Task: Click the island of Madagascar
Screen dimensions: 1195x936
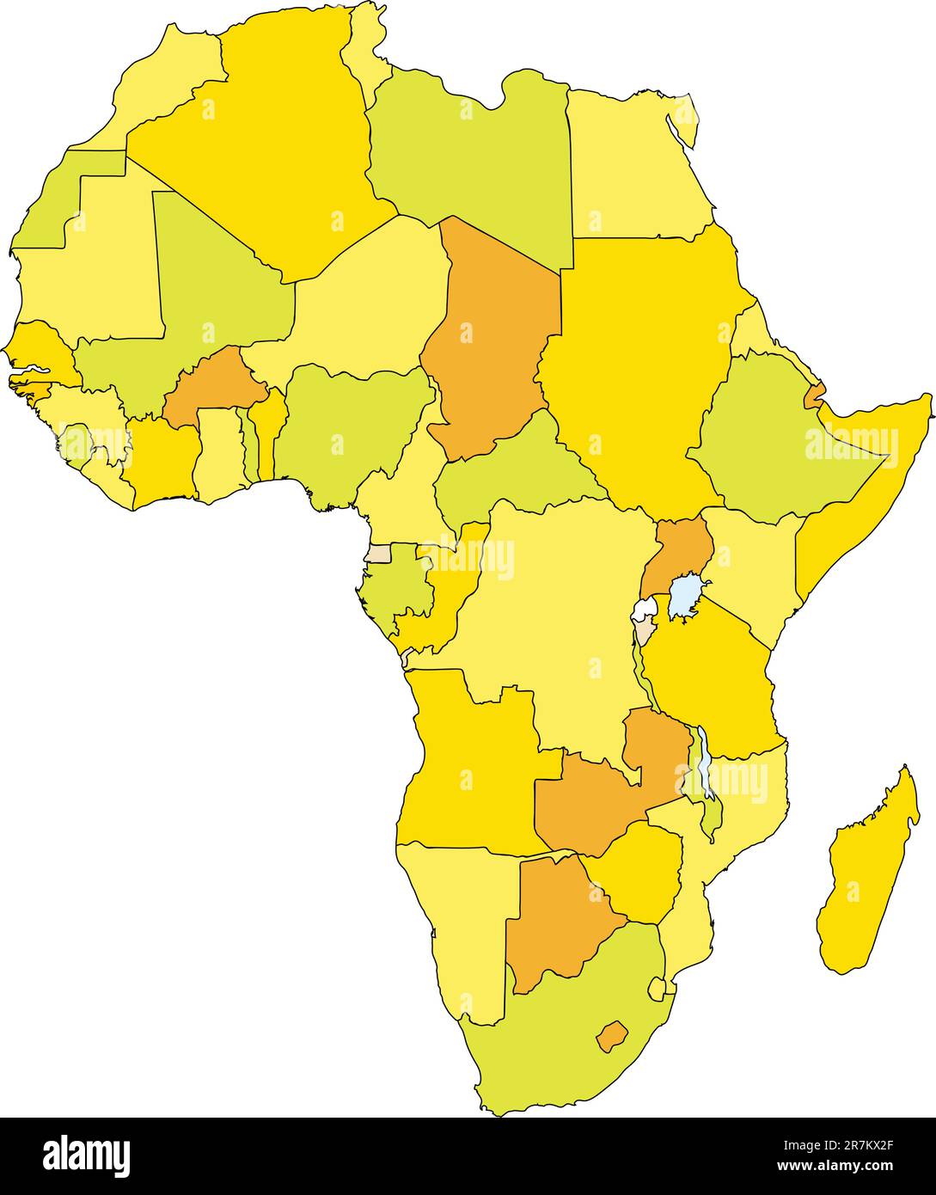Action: point(868,877)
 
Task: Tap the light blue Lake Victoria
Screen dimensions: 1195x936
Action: point(685,595)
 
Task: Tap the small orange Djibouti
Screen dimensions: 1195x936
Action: point(813,396)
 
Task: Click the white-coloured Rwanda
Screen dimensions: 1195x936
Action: point(644,610)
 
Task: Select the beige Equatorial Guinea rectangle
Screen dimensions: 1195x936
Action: point(378,553)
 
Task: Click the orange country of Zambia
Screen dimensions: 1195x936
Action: point(593,800)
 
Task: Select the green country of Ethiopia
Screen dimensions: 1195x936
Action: point(774,438)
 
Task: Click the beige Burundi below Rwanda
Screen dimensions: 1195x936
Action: point(644,634)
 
